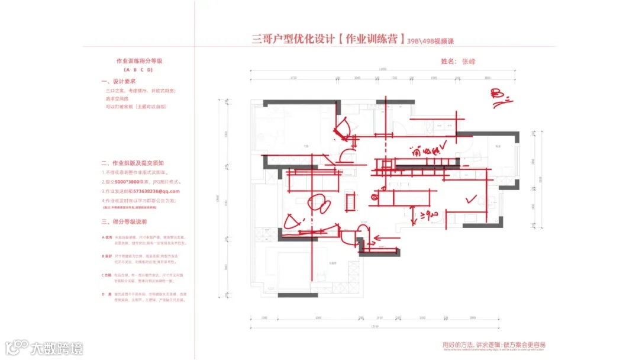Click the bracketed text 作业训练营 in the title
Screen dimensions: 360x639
click(370, 40)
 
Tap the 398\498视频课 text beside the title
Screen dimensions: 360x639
click(433, 41)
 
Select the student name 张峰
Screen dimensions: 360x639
click(469, 61)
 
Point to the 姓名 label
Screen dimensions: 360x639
click(448, 61)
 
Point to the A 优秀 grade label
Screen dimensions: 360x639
click(107, 237)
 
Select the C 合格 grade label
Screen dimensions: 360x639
click(107, 275)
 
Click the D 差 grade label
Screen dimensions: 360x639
click(106, 294)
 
